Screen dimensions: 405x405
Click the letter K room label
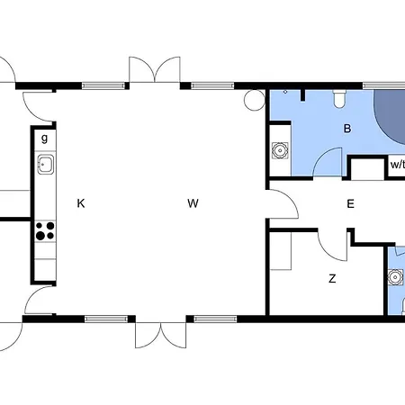click(x=81, y=203)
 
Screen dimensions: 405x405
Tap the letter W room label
click(x=193, y=203)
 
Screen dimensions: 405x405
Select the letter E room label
click(x=350, y=203)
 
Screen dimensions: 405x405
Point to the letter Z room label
click(x=332, y=279)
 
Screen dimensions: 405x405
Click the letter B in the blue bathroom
click(x=347, y=129)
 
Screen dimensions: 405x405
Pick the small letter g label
click(x=44, y=139)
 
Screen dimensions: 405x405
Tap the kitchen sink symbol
click(x=46, y=164)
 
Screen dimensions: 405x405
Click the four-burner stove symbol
click(x=45, y=230)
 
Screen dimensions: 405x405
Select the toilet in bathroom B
click(x=339, y=98)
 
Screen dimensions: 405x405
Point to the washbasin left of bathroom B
click(x=280, y=150)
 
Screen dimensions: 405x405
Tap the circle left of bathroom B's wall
click(x=254, y=100)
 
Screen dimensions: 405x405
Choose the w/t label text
click(x=398, y=165)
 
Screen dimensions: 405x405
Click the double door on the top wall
click(x=155, y=69)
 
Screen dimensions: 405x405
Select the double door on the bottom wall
click(x=161, y=336)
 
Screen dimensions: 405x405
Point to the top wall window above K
click(x=103, y=85)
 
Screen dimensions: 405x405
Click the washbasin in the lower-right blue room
click(x=395, y=277)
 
